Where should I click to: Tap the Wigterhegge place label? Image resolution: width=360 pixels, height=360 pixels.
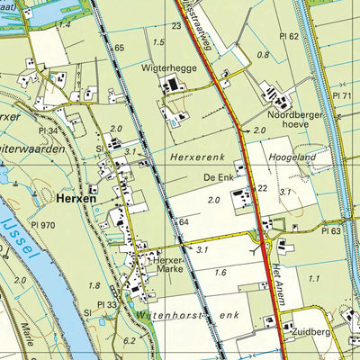pos(166,67)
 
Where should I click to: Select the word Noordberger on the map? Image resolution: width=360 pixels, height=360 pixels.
pos(292,115)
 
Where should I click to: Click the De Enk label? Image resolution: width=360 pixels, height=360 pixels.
pos(217,177)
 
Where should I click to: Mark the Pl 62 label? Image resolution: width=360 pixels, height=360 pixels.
pos(288,36)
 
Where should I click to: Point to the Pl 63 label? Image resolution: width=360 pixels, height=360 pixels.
pos(330,231)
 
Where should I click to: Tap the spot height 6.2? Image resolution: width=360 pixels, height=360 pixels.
pos(130,340)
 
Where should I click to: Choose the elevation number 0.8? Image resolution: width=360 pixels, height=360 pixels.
pos(263,55)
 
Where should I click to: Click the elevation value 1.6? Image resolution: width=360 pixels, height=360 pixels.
pos(220,272)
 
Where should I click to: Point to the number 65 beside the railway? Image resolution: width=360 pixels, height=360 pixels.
pos(119,46)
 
